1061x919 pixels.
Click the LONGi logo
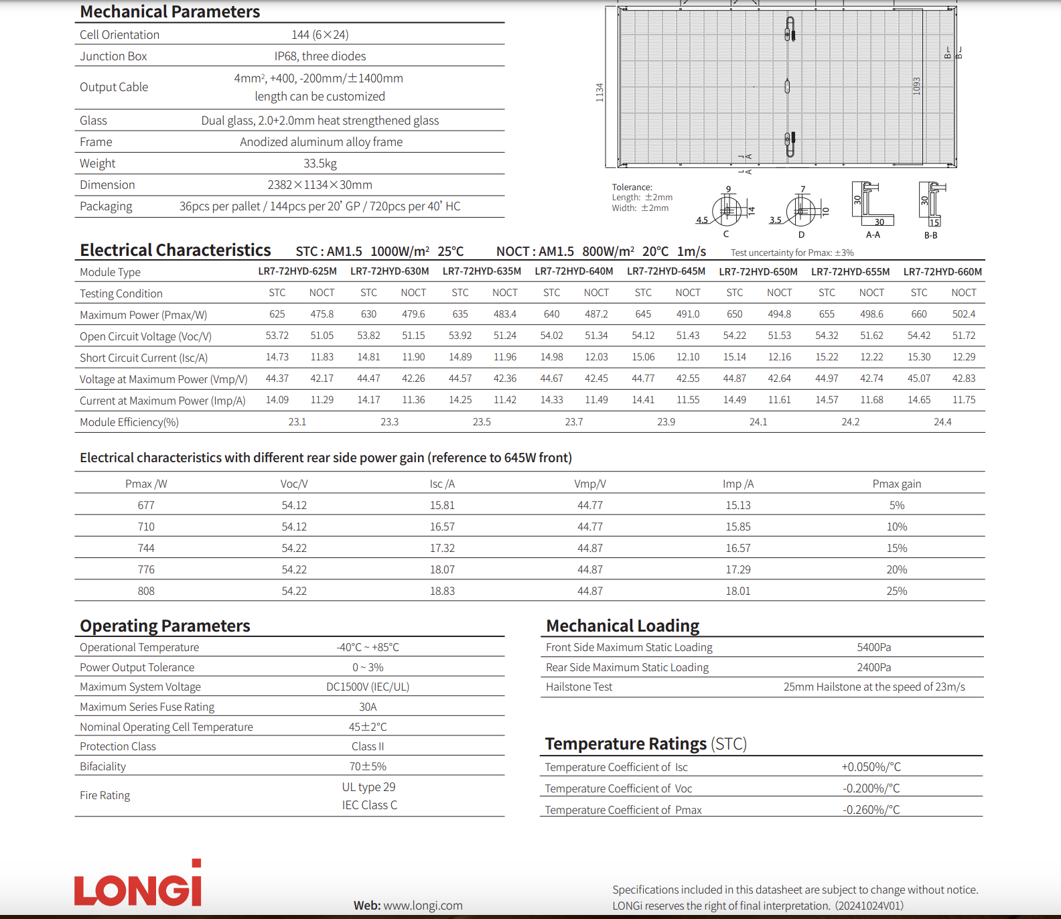[x=138, y=883]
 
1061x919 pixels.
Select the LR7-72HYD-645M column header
[x=666, y=271]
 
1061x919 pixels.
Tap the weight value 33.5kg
[x=320, y=163]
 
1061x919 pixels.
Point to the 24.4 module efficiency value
[x=942, y=422]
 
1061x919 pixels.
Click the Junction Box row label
[x=113, y=56]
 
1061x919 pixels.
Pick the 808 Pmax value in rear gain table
[x=146, y=591]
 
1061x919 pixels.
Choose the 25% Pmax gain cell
[x=896, y=591]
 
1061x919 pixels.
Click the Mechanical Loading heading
[x=622, y=626]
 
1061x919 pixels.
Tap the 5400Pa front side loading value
[x=873, y=647]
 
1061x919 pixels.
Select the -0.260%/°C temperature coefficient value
[x=871, y=810]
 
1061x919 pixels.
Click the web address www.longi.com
[x=423, y=906]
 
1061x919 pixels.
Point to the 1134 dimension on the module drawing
[x=599, y=92]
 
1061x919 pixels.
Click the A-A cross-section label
[x=873, y=235]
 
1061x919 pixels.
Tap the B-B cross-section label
[x=930, y=236]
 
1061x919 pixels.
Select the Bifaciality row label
[x=102, y=766]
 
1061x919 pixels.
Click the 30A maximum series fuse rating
[x=368, y=707]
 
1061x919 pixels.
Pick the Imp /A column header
[x=737, y=484]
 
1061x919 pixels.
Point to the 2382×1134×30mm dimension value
[x=320, y=185]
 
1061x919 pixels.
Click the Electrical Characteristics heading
[x=175, y=251]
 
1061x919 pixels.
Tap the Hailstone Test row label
[x=579, y=687]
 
